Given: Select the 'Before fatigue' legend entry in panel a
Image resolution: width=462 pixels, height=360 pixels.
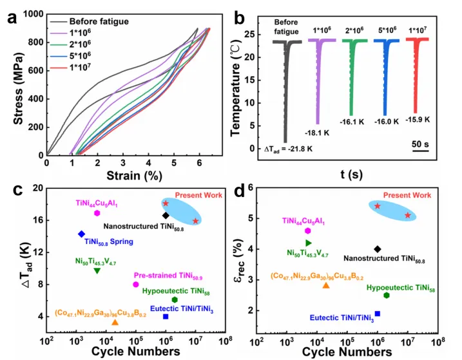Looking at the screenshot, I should (x=99, y=21).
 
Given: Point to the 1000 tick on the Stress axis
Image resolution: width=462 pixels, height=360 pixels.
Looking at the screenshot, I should (x=34, y=14).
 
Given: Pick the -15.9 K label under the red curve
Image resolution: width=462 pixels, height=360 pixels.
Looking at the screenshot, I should (x=418, y=119).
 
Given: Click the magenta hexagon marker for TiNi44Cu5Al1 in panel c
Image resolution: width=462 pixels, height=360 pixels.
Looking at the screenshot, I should (x=97, y=213).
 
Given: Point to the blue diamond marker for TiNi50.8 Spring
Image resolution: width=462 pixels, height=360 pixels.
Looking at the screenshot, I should (x=81, y=234).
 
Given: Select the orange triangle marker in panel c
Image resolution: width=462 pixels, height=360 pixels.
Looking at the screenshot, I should (x=115, y=322).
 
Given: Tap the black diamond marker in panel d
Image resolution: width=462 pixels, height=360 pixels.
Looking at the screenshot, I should (x=378, y=249).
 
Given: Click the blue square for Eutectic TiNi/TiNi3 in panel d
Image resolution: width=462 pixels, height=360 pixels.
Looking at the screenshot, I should (x=378, y=314).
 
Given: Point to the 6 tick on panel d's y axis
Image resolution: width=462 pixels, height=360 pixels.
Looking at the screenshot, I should (x=248, y=187).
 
